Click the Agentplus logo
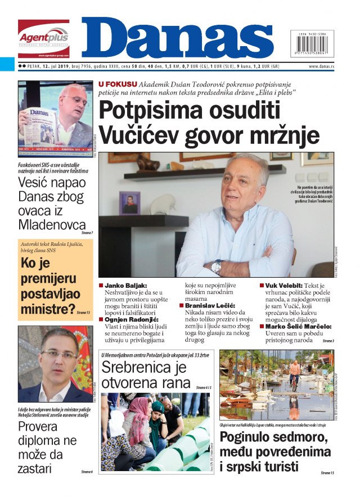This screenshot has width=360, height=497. pyautogui.click(x=43, y=38)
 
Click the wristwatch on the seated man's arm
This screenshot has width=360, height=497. pyautogui.click(x=216, y=266)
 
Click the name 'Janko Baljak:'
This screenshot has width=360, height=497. pyautogui.click(x=124, y=286)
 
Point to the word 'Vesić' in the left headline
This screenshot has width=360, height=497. pyautogui.click(x=37, y=182)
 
